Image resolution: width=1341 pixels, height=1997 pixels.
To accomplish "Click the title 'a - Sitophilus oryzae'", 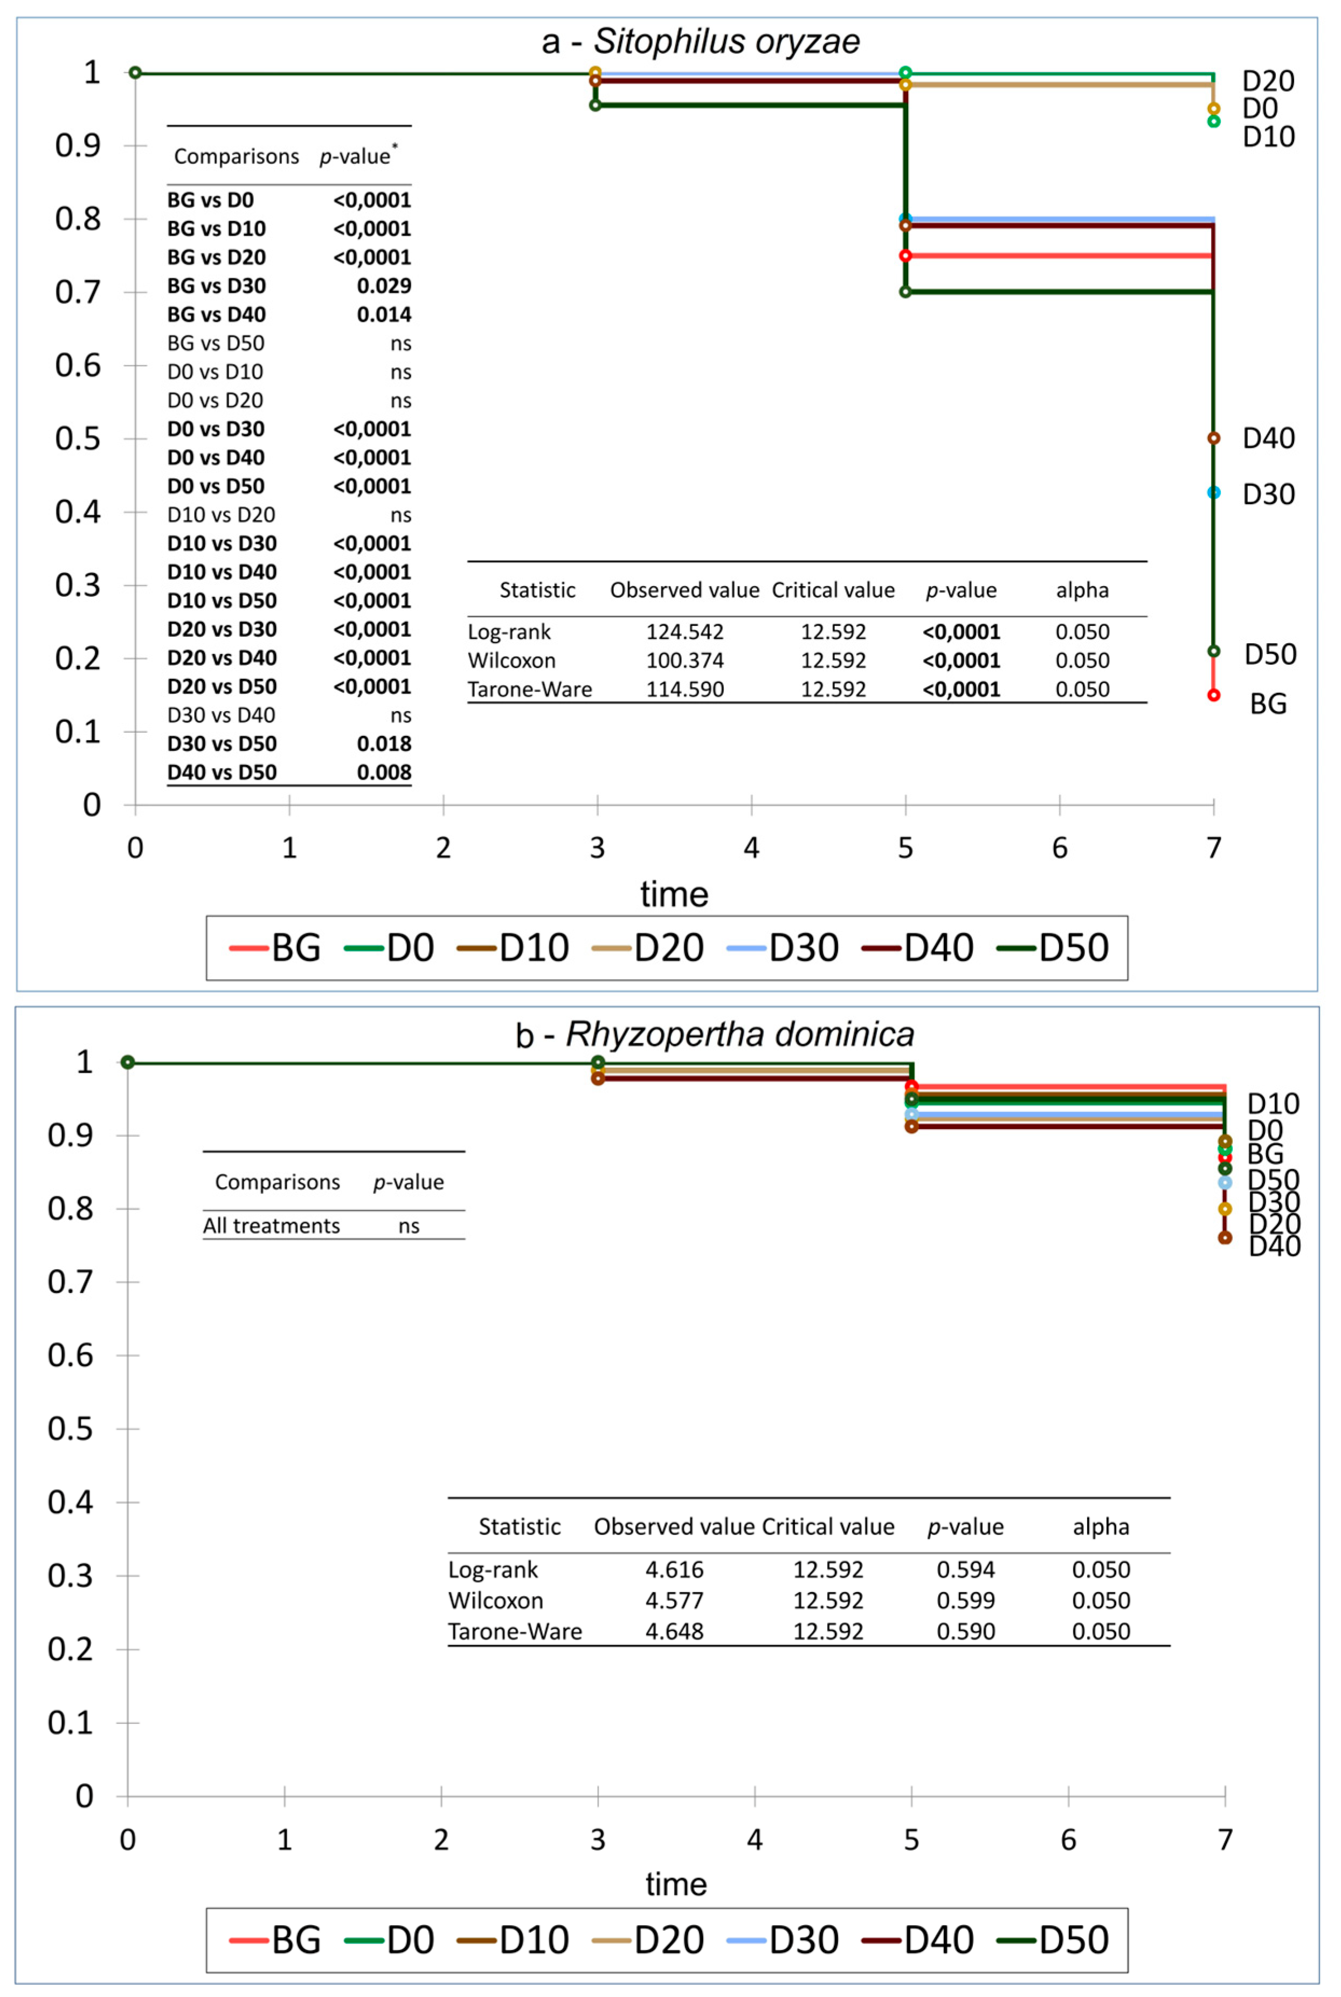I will click(701, 41).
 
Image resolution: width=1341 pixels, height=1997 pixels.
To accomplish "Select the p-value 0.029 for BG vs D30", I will click(384, 286).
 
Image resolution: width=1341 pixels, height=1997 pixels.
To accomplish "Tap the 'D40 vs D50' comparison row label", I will click(222, 772).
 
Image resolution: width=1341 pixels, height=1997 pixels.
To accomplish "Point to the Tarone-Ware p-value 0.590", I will click(965, 1631).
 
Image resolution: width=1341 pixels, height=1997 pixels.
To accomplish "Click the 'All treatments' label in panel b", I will click(271, 1225).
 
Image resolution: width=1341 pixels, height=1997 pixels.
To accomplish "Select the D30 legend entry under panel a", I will click(783, 948).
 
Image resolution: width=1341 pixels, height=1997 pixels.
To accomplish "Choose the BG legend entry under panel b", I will click(275, 1940).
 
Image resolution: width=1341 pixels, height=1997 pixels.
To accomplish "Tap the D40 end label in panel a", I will click(1268, 438).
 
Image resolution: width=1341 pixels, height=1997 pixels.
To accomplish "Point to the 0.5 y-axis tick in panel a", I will click(78, 439).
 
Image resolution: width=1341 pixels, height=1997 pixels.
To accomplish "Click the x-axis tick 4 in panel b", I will click(755, 1839).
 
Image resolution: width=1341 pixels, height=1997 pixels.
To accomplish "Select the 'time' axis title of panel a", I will click(674, 894).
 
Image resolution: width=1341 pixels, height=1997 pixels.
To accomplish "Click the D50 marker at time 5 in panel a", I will click(905, 292).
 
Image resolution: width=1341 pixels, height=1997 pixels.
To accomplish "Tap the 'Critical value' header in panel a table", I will click(833, 590).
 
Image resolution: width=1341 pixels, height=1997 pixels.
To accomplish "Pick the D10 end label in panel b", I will click(1273, 1103).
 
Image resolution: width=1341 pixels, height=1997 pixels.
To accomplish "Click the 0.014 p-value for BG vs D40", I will click(384, 315).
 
